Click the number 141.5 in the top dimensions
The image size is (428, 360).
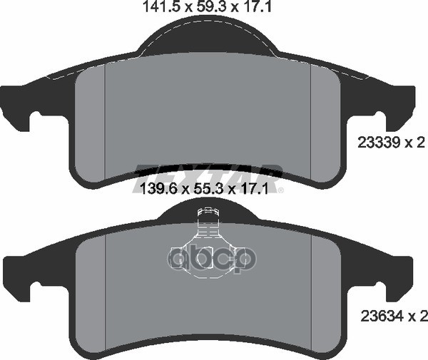154,8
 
